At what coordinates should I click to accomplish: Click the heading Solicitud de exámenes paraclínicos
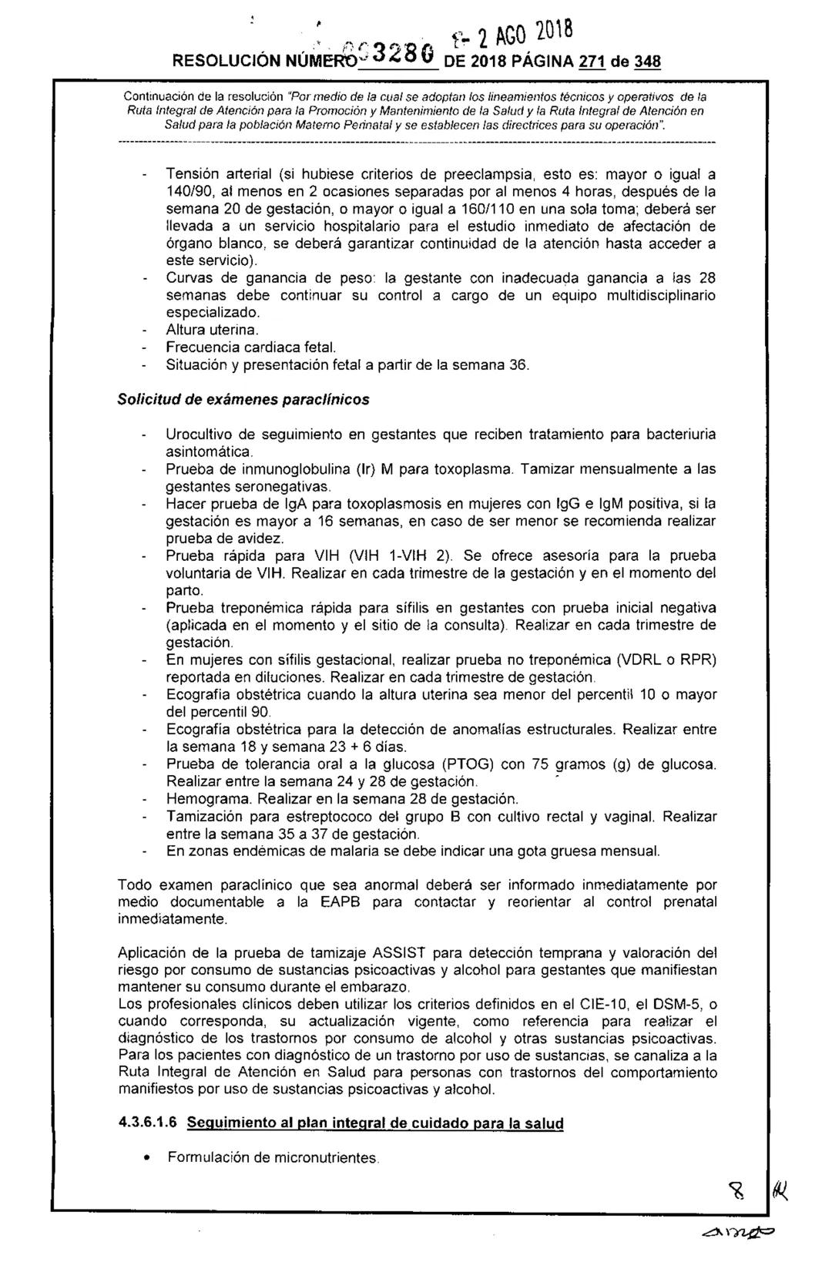tap(243, 400)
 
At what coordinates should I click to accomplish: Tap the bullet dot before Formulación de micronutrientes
tap(147, 1158)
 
